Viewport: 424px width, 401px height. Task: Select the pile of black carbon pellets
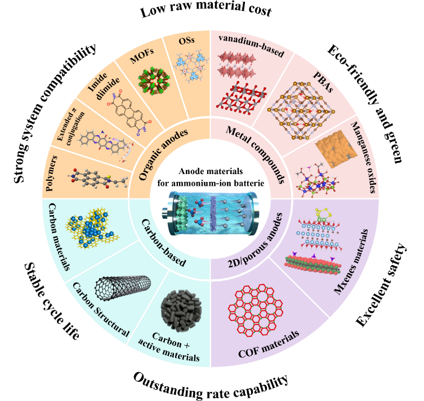click(181, 311)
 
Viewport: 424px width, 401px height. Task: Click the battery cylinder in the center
click(211, 212)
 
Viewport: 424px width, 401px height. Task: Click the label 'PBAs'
click(323, 82)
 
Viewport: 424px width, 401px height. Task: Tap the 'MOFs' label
click(142, 56)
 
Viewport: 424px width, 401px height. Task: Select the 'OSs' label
click(186, 41)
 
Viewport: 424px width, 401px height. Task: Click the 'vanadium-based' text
click(251, 45)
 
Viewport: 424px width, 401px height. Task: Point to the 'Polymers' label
click(52, 173)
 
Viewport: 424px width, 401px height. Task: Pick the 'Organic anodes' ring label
click(163, 154)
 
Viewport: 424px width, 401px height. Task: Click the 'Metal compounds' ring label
click(256, 155)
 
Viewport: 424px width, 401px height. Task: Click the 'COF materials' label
click(269, 344)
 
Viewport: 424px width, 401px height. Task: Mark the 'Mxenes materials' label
click(351, 262)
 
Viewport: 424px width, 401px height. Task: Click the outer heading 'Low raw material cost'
click(206, 10)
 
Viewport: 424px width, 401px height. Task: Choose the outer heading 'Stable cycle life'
click(52, 301)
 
